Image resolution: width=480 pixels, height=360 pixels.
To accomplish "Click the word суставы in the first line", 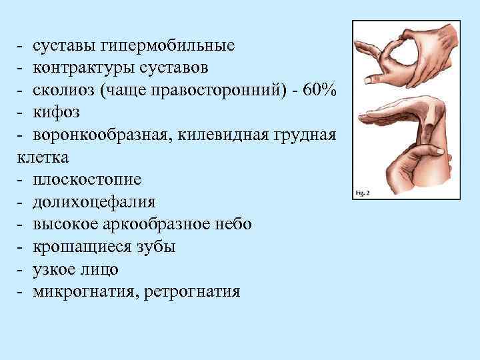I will tap(62, 46).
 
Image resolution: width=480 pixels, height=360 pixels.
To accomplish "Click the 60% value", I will tap(319, 91).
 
